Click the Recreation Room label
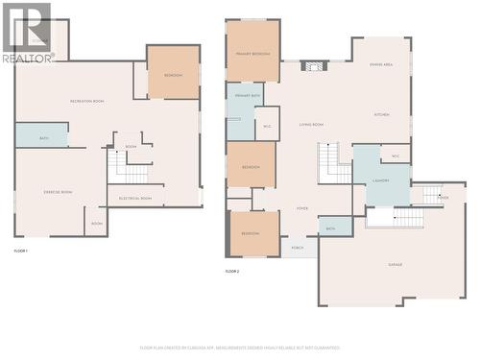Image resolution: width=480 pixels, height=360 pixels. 86,101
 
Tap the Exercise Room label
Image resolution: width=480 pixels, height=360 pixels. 59,192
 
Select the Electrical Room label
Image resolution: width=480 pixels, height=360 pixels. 135,198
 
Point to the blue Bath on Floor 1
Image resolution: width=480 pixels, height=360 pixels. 42,136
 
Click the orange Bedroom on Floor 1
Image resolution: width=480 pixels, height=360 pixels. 173,73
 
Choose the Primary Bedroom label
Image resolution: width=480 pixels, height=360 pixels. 252,53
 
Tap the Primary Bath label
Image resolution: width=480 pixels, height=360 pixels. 248,97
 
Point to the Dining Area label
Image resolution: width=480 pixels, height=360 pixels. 381,64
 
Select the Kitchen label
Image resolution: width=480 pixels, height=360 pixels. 382,114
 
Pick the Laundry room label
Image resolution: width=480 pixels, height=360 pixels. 381,180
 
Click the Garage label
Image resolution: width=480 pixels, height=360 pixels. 394,264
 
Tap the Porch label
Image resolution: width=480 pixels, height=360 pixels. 299,248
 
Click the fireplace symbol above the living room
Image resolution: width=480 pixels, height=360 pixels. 314,66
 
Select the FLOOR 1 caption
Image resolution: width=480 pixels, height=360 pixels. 21,251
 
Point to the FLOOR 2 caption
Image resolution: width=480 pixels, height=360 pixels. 231,272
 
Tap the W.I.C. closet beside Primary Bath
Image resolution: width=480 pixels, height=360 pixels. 267,126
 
